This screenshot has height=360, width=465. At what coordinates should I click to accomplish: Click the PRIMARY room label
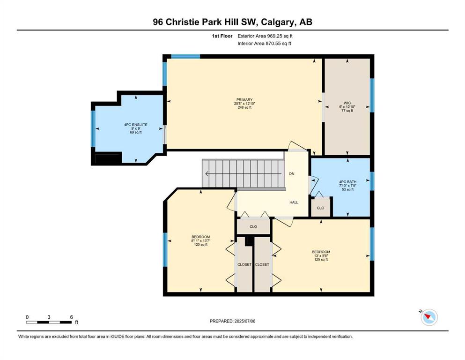pyautogui.click(x=244, y=100)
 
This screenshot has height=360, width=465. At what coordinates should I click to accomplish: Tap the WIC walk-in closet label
pyautogui.click(x=347, y=103)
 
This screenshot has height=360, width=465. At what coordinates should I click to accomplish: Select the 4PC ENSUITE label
pyautogui.click(x=135, y=125)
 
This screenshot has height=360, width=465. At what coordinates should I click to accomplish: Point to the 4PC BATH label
pyautogui.click(x=348, y=181)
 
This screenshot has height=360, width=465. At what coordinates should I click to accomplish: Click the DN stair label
pyautogui.click(x=292, y=173)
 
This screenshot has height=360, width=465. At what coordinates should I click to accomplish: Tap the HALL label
pyautogui.click(x=294, y=202)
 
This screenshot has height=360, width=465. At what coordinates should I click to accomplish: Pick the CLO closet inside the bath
pyautogui.click(x=321, y=208)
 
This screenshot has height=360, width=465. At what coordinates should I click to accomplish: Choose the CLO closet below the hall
pyautogui.click(x=253, y=226)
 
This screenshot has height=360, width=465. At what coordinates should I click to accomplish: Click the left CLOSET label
pyautogui.click(x=244, y=264)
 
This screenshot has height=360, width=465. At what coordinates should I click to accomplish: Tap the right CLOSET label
pyautogui.click(x=262, y=264)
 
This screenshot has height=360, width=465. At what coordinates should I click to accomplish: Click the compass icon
pyautogui.click(x=429, y=317)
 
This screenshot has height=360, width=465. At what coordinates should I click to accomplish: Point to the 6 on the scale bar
pyautogui.click(x=72, y=317)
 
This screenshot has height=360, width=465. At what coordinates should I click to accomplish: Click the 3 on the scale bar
pyautogui.click(x=49, y=317)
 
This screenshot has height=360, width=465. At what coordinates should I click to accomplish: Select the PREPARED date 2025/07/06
pyautogui.click(x=245, y=321)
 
